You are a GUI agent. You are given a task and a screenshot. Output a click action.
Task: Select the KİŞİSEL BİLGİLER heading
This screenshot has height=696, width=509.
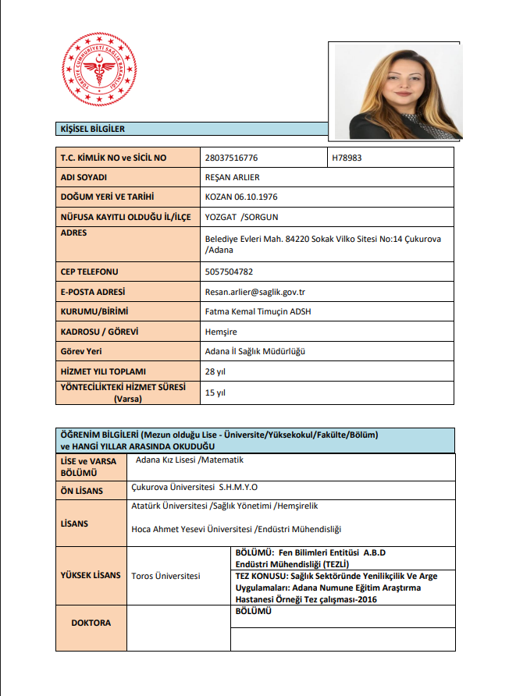tap(93, 129)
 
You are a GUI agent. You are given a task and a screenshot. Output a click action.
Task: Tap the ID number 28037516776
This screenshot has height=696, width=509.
tap(231, 158)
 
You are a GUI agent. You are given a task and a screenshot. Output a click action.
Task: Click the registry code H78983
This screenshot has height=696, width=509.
tap(347, 158)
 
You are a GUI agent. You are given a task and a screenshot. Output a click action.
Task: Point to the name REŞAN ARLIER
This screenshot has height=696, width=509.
tap(232, 177)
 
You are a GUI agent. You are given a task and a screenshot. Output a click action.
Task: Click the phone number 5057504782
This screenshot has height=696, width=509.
tap(229, 272)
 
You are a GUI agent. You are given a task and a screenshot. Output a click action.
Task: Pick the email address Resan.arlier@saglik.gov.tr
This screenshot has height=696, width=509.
tap(255, 292)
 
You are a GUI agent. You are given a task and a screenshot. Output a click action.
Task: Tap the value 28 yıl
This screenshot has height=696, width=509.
tap(215, 371)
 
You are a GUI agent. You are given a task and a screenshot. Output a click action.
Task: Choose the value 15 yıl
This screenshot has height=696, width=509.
tap(215, 392)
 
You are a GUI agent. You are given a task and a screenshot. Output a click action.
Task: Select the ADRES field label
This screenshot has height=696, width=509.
tap(74, 233)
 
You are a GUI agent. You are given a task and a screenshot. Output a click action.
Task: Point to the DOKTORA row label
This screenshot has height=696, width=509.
tap(91, 623)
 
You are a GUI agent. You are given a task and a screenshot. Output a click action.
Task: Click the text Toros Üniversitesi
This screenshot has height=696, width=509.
tap(167, 576)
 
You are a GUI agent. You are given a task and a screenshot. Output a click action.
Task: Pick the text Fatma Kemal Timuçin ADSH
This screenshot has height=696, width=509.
tap(258, 311)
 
